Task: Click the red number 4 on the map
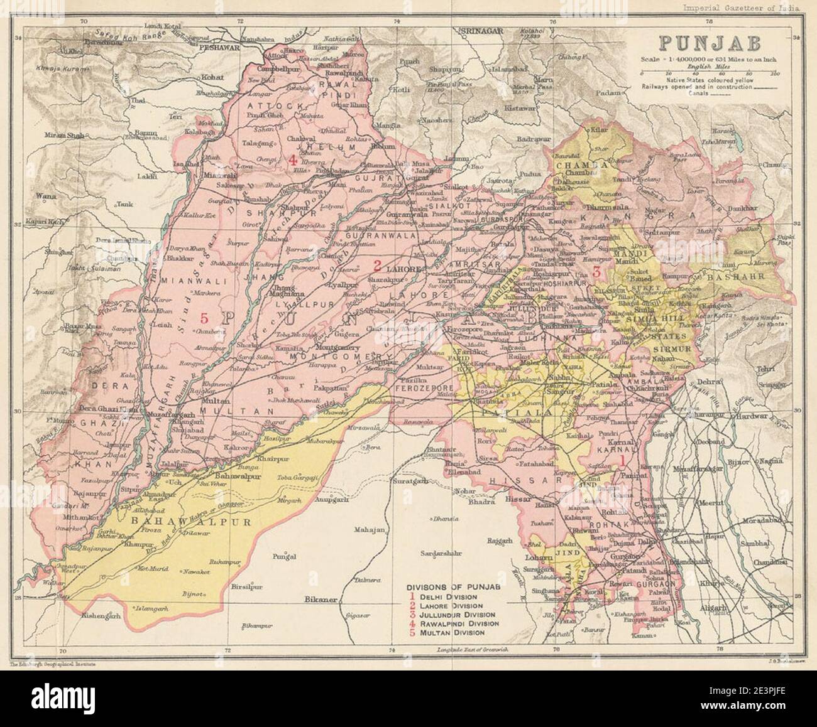(292, 161)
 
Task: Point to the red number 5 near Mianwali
(203, 316)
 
